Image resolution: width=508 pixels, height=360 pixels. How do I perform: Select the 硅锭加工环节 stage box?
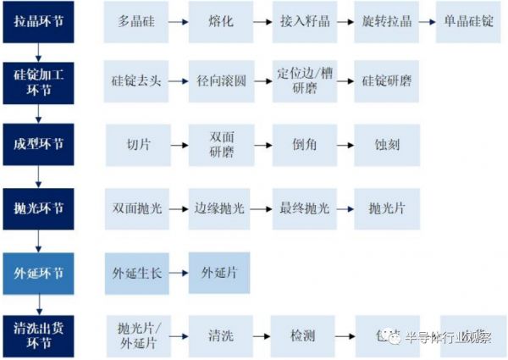tap(39, 81)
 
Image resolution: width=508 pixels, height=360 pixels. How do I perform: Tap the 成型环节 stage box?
tap(39, 144)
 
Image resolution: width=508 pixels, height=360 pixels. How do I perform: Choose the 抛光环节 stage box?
tap(39, 208)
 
